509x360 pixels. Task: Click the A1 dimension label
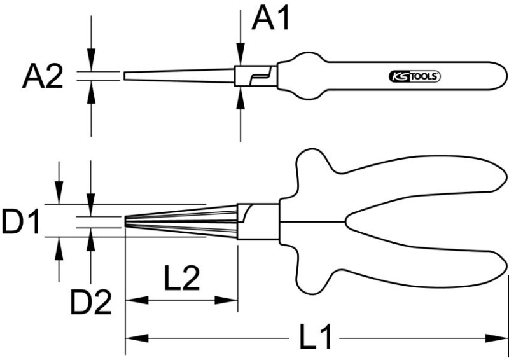(x=270, y=19)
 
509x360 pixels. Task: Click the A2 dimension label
(x=43, y=77)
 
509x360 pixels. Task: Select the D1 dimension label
(x=20, y=221)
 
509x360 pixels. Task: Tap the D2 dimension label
(x=91, y=303)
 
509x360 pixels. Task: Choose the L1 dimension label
(x=314, y=337)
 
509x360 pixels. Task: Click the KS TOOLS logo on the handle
(x=415, y=76)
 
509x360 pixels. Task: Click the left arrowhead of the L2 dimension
(x=137, y=300)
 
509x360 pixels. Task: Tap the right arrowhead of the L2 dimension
(x=227, y=300)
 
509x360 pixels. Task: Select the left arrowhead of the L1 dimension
(x=137, y=338)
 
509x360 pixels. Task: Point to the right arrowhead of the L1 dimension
(x=496, y=338)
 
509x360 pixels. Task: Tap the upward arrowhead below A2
(x=91, y=92)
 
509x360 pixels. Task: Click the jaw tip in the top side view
(x=124, y=76)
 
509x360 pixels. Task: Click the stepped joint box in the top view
(x=256, y=76)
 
